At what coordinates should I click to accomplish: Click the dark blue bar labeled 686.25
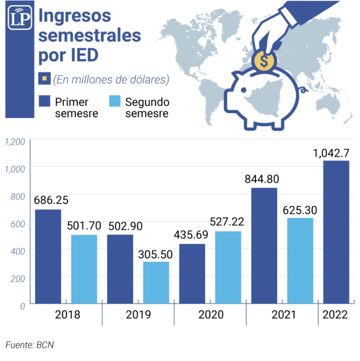pyautogui.click(x=48, y=256)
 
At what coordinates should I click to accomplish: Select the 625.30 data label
pyautogui.click(x=300, y=209)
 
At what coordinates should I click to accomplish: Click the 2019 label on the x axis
pyautogui.click(x=138, y=315)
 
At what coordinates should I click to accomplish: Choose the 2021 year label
pyautogui.click(x=284, y=315)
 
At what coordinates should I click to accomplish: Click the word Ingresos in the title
pyautogui.click(x=75, y=15)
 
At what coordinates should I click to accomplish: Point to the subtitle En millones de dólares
pyautogui.click(x=111, y=80)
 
